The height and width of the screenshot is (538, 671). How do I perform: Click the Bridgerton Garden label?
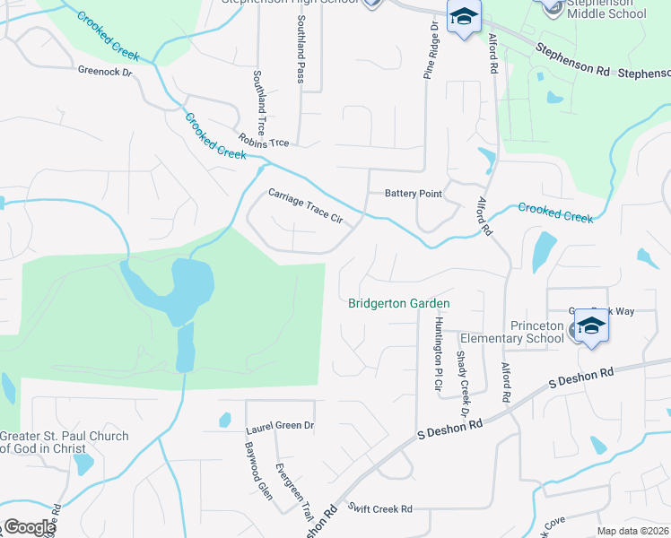coord(398,304)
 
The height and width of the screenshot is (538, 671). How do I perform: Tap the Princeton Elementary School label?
coord(510,332)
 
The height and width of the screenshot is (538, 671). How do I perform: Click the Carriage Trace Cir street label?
coord(306,205)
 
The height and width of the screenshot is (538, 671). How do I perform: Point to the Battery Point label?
coord(413,194)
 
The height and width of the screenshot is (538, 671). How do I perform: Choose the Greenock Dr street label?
coord(104,70)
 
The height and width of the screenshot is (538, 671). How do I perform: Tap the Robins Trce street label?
coord(264,141)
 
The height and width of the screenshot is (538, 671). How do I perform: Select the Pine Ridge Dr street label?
coord(431,49)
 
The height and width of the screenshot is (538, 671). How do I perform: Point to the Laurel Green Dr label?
coord(280,426)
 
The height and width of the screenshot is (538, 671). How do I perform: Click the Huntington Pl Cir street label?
coord(439,354)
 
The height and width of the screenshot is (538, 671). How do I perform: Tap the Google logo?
coord(30,527)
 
